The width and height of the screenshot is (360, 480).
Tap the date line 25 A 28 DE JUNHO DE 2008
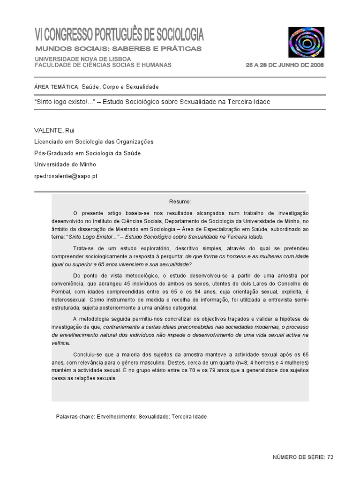tap(285, 65)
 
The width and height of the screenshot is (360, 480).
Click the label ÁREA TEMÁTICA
tap(56, 87)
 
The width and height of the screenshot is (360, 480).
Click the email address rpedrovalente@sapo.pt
tap(66, 176)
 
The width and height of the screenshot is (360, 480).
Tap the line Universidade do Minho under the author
tap(65, 165)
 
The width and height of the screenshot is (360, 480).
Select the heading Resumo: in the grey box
tap(180, 201)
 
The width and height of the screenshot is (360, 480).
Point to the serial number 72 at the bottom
tap(330, 457)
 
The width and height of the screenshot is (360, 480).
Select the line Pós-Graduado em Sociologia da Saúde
tap(87, 153)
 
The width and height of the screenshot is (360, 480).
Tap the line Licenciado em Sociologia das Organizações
tap(94, 142)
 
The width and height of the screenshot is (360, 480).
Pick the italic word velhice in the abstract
tap(60, 343)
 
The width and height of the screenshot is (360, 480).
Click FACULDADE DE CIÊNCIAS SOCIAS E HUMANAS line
tap(103, 65)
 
